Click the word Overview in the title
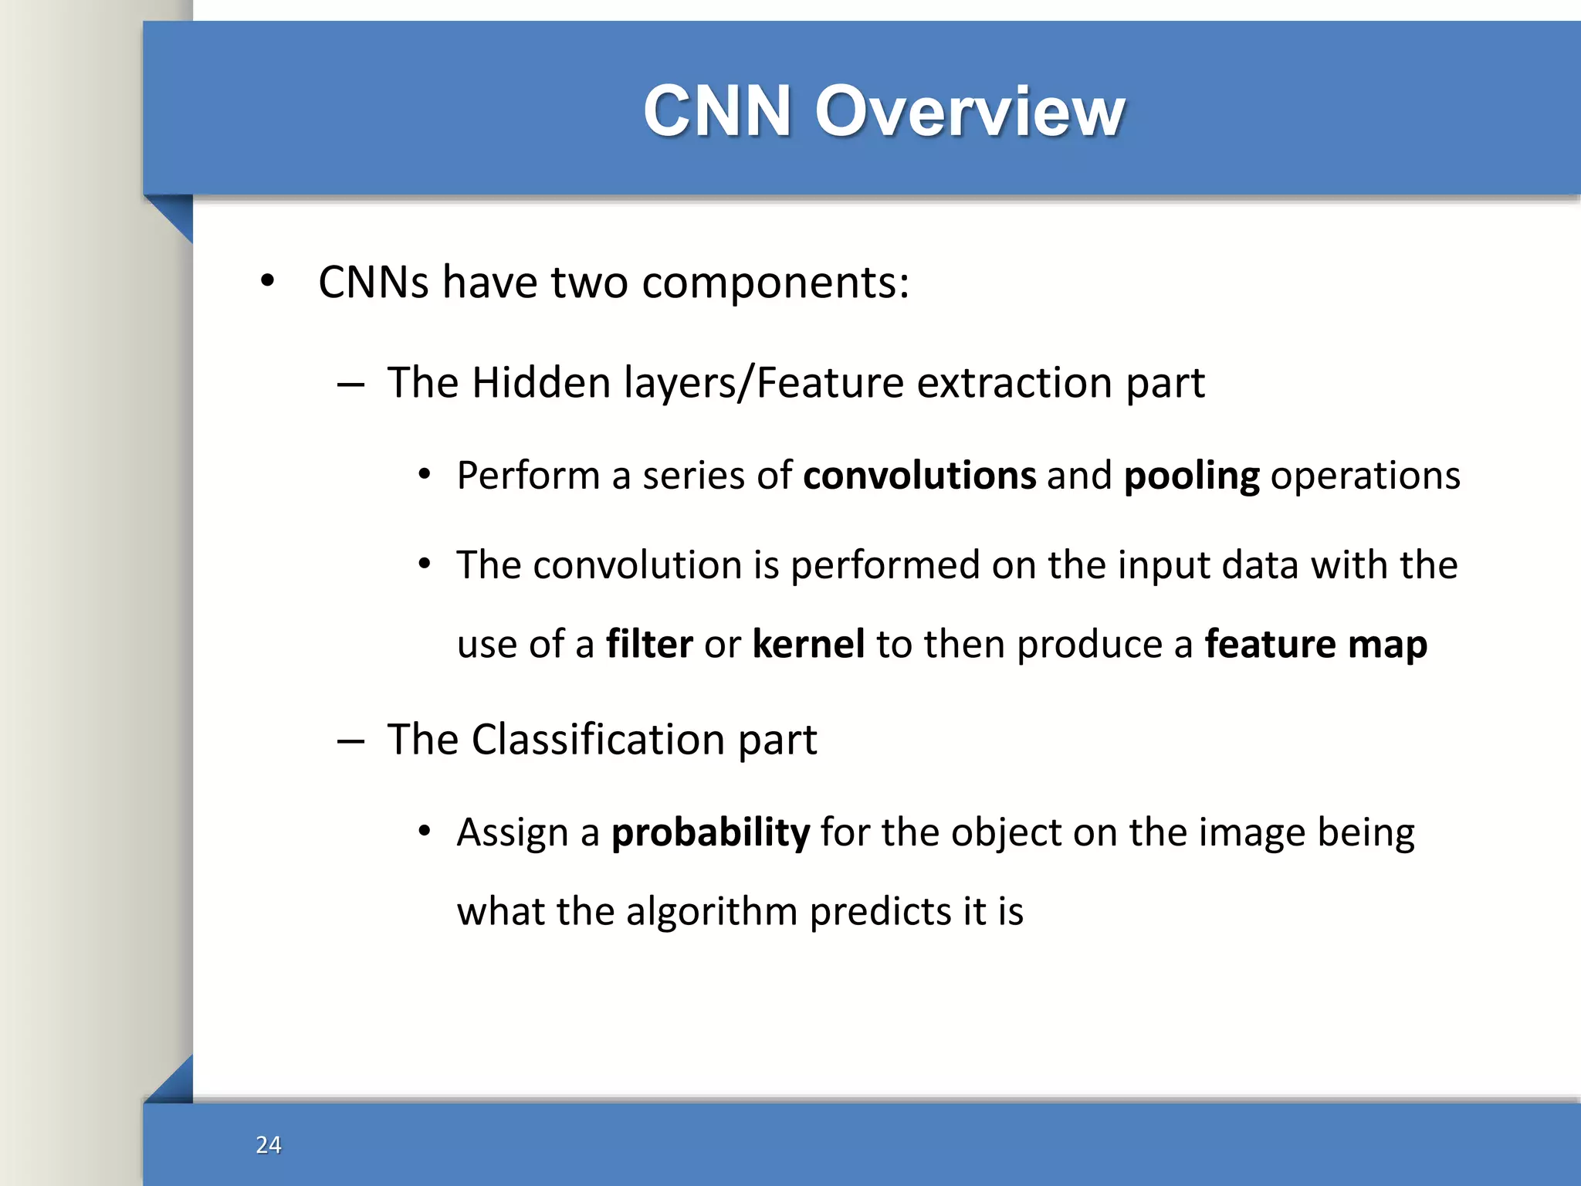click(970, 112)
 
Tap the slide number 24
click(268, 1144)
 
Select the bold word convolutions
click(919, 476)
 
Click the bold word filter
click(649, 644)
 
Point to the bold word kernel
click(808, 644)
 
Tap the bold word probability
click(710, 833)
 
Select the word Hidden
click(541, 383)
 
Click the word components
click(775, 283)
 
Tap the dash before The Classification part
click(350, 741)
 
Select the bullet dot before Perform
click(424, 476)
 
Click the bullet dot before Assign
click(424, 832)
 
